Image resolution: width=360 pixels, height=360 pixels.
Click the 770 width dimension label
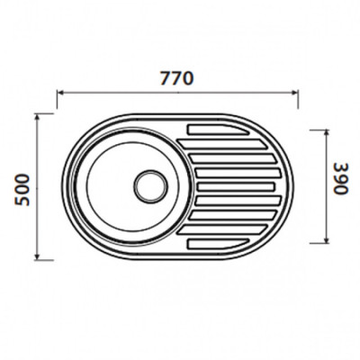tap(177, 78)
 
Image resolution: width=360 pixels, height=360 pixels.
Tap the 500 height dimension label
tap(22, 190)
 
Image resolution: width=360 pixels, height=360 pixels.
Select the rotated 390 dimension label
tap(340, 178)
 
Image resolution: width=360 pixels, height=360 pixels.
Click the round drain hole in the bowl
tap(150, 186)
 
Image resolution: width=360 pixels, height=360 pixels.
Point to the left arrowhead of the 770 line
tap(59, 93)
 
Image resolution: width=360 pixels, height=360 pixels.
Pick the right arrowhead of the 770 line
tap(295, 93)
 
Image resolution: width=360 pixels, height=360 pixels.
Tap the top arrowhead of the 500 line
tap(37, 117)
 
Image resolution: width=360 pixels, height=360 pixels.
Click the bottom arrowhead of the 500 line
tap(37, 256)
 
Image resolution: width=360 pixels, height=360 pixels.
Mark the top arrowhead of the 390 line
tap(327, 133)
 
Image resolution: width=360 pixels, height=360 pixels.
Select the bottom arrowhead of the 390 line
tap(327, 239)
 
